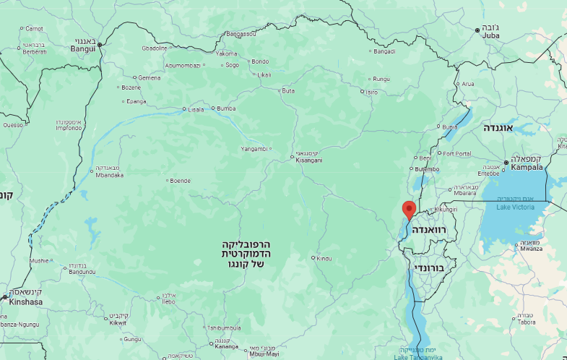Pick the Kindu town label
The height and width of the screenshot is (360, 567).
(324, 258)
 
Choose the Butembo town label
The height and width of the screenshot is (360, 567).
(426, 169)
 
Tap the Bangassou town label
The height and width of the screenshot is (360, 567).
(241, 34)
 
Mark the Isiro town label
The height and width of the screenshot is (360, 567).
(371, 92)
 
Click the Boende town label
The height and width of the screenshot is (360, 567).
(181, 181)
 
